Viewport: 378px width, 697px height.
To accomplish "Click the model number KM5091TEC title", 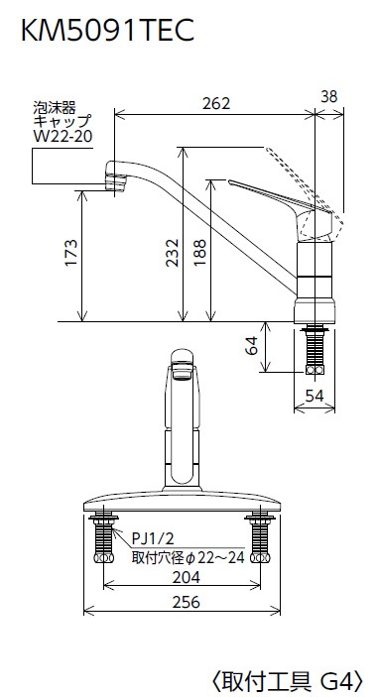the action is tap(107, 30).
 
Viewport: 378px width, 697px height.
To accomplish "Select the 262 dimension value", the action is tap(216, 103).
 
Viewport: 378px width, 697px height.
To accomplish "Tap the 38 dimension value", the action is tap(329, 96).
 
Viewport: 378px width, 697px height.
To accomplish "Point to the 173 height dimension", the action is tap(71, 253).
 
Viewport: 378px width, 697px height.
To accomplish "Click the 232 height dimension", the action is tap(172, 253).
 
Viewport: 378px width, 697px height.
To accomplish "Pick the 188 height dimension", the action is tap(200, 253).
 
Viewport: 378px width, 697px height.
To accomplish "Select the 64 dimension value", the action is tap(251, 345).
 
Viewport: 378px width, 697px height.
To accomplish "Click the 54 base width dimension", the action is tap(315, 396).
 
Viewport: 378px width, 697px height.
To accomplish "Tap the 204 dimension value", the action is tap(186, 577).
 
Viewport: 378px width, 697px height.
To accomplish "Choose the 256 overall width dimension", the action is tap(186, 602).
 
